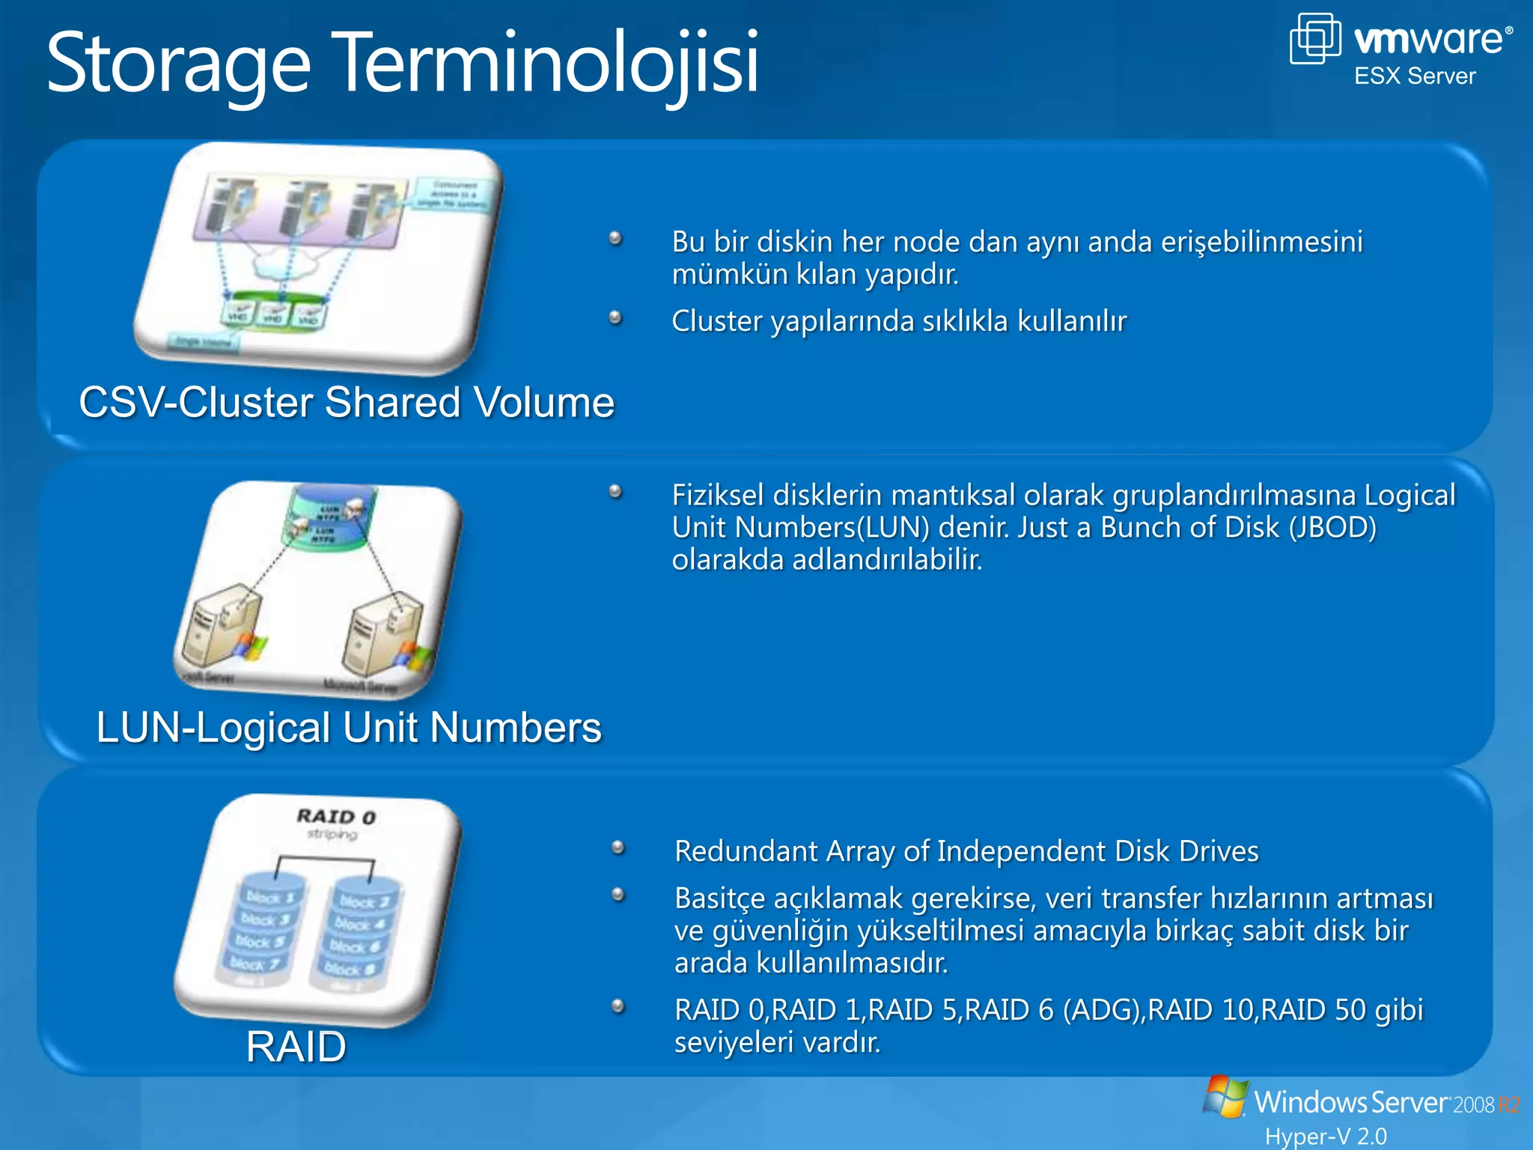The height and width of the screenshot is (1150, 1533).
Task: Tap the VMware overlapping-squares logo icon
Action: (x=1314, y=39)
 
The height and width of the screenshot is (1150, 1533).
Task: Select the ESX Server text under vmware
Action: (x=1415, y=76)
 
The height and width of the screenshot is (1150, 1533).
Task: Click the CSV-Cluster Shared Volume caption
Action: (x=347, y=402)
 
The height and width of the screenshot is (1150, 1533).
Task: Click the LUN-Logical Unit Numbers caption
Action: (x=349, y=727)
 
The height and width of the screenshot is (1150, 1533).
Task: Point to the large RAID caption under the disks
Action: (x=296, y=1046)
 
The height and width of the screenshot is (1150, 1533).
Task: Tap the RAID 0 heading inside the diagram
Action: (x=336, y=816)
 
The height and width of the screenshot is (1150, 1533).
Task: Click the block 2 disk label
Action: (x=364, y=901)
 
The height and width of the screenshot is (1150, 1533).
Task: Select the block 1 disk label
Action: (x=270, y=897)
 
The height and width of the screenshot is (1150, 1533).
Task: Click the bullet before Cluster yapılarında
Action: (x=615, y=318)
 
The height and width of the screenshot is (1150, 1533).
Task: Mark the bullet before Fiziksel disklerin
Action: (x=615, y=492)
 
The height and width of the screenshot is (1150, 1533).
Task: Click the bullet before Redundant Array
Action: (x=618, y=848)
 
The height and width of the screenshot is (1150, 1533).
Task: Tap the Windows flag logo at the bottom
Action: (x=1225, y=1097)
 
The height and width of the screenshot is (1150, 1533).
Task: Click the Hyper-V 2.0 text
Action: (x=1326, y=1136)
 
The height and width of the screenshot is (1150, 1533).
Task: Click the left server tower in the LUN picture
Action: (x=219, y=629)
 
